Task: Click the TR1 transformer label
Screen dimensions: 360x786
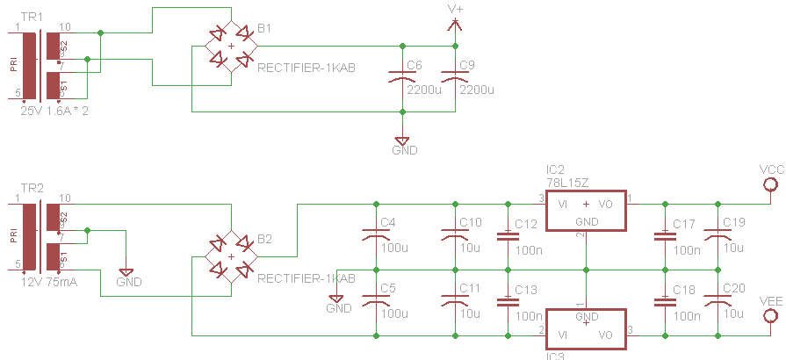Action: [31, 17]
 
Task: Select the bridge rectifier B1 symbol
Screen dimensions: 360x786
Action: [231, 46]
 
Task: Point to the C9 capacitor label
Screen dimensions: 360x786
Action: [466, 65]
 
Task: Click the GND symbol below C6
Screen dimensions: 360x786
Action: [401, 140]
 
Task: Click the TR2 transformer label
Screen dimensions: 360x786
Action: [31, 188]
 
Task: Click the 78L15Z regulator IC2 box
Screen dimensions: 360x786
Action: [586, 210]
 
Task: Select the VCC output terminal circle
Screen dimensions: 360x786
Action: [771, 184]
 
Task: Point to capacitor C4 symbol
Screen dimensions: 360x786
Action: [376, 235]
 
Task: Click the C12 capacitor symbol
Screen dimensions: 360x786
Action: [507, 235]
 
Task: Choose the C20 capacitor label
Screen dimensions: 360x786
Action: [733, 288]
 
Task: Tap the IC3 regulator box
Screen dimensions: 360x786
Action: [586, 329]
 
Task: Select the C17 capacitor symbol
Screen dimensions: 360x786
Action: [664, 235]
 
